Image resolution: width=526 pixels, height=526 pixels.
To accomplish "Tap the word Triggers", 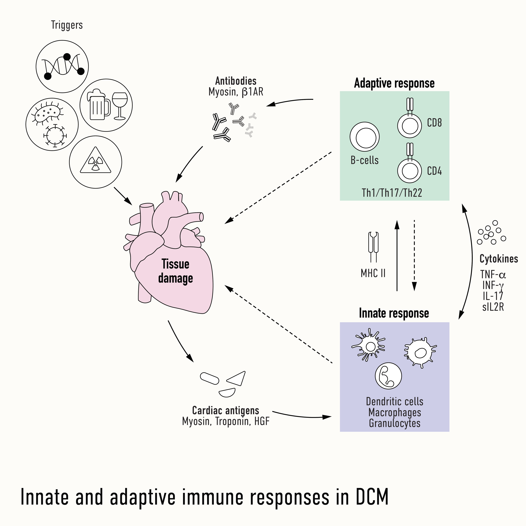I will (67, 25).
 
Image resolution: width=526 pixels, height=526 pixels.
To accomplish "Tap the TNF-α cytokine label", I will (493, 274).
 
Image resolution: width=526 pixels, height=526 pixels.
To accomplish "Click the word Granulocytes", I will (395, 423).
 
